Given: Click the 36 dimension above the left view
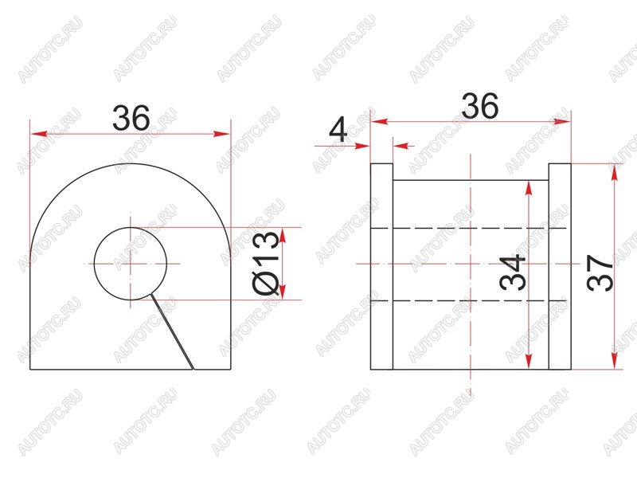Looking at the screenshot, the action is coord(131,118).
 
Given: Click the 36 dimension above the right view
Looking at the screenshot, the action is coord(479,106).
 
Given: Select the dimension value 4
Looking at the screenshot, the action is coord(338,129).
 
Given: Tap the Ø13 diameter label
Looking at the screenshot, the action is coord(266,263).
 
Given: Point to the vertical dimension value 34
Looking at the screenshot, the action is coord(512,272).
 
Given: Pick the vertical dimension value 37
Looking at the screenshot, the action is coord(600,272).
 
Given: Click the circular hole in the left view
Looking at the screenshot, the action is coord(131,228).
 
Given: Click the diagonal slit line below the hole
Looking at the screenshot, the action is coord(172,331).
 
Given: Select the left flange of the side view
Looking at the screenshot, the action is coord(381,267).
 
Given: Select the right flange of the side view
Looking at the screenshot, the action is coord(560,267).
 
